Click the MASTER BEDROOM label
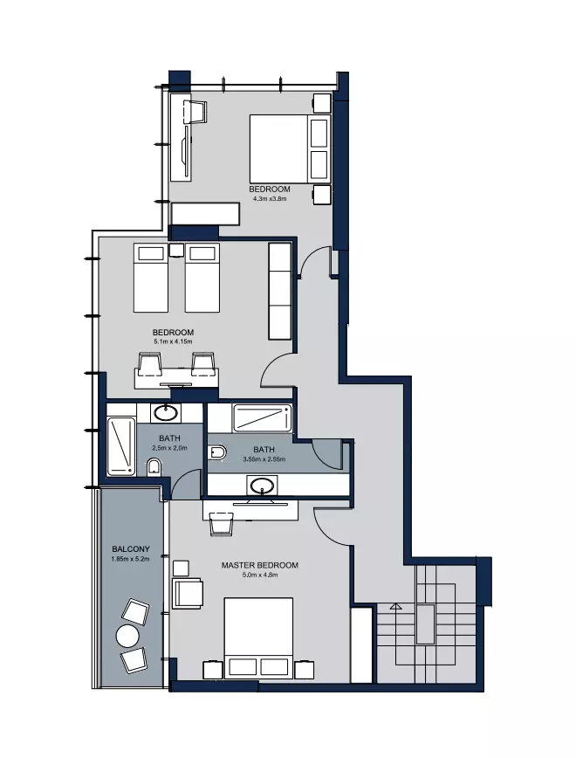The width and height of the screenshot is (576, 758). [x=259, y=565]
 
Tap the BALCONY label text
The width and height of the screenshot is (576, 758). [x=130, y=549]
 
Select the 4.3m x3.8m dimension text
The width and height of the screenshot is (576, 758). [x=270, y=198]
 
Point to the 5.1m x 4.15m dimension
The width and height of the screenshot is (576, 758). [x=173, y=341]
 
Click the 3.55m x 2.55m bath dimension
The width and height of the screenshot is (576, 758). [x=264, y=458]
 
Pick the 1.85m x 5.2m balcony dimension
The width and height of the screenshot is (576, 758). [x=130, y=559]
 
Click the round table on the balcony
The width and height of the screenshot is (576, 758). [x=127, y=637]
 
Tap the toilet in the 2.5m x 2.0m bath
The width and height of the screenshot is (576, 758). [x=154, y=467]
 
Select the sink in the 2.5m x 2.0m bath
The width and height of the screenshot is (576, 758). [x=165, y=413]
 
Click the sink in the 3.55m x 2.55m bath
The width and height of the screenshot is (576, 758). [x=262, y=485]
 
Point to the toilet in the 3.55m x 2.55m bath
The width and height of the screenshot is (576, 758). [x=217, y=453]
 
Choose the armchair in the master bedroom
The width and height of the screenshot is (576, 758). [x=188, y=593]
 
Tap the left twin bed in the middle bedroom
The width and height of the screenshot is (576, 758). [x=151, y=278]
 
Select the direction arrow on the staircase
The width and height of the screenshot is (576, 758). [x=395, y=606]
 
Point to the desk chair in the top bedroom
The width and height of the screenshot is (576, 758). [x=196, y=112]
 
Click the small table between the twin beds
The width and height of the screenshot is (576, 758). [x=176, y=250]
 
